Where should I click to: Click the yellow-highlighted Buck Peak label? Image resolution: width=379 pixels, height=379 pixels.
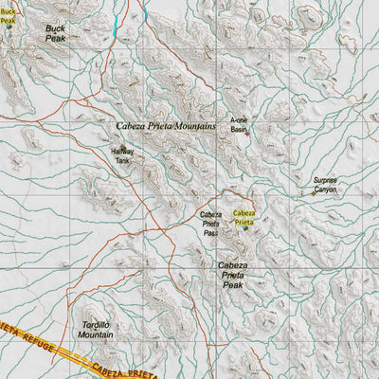9,13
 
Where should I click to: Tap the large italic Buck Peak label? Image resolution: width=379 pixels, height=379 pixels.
56,34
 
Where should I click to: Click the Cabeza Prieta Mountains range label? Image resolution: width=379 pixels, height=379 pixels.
166,125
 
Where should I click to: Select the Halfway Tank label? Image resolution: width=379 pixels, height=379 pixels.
122,156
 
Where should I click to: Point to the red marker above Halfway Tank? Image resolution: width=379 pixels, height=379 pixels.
122,146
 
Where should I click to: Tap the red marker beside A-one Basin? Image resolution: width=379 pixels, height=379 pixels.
248,133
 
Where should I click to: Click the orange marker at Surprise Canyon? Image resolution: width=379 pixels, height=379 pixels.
315,192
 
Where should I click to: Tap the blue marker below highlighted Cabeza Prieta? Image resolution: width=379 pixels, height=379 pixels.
244,227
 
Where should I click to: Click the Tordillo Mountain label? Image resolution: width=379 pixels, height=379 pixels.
93,329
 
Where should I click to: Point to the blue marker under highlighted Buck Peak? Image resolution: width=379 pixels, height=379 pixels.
9,26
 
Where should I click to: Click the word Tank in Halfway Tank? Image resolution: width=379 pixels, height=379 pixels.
122,162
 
